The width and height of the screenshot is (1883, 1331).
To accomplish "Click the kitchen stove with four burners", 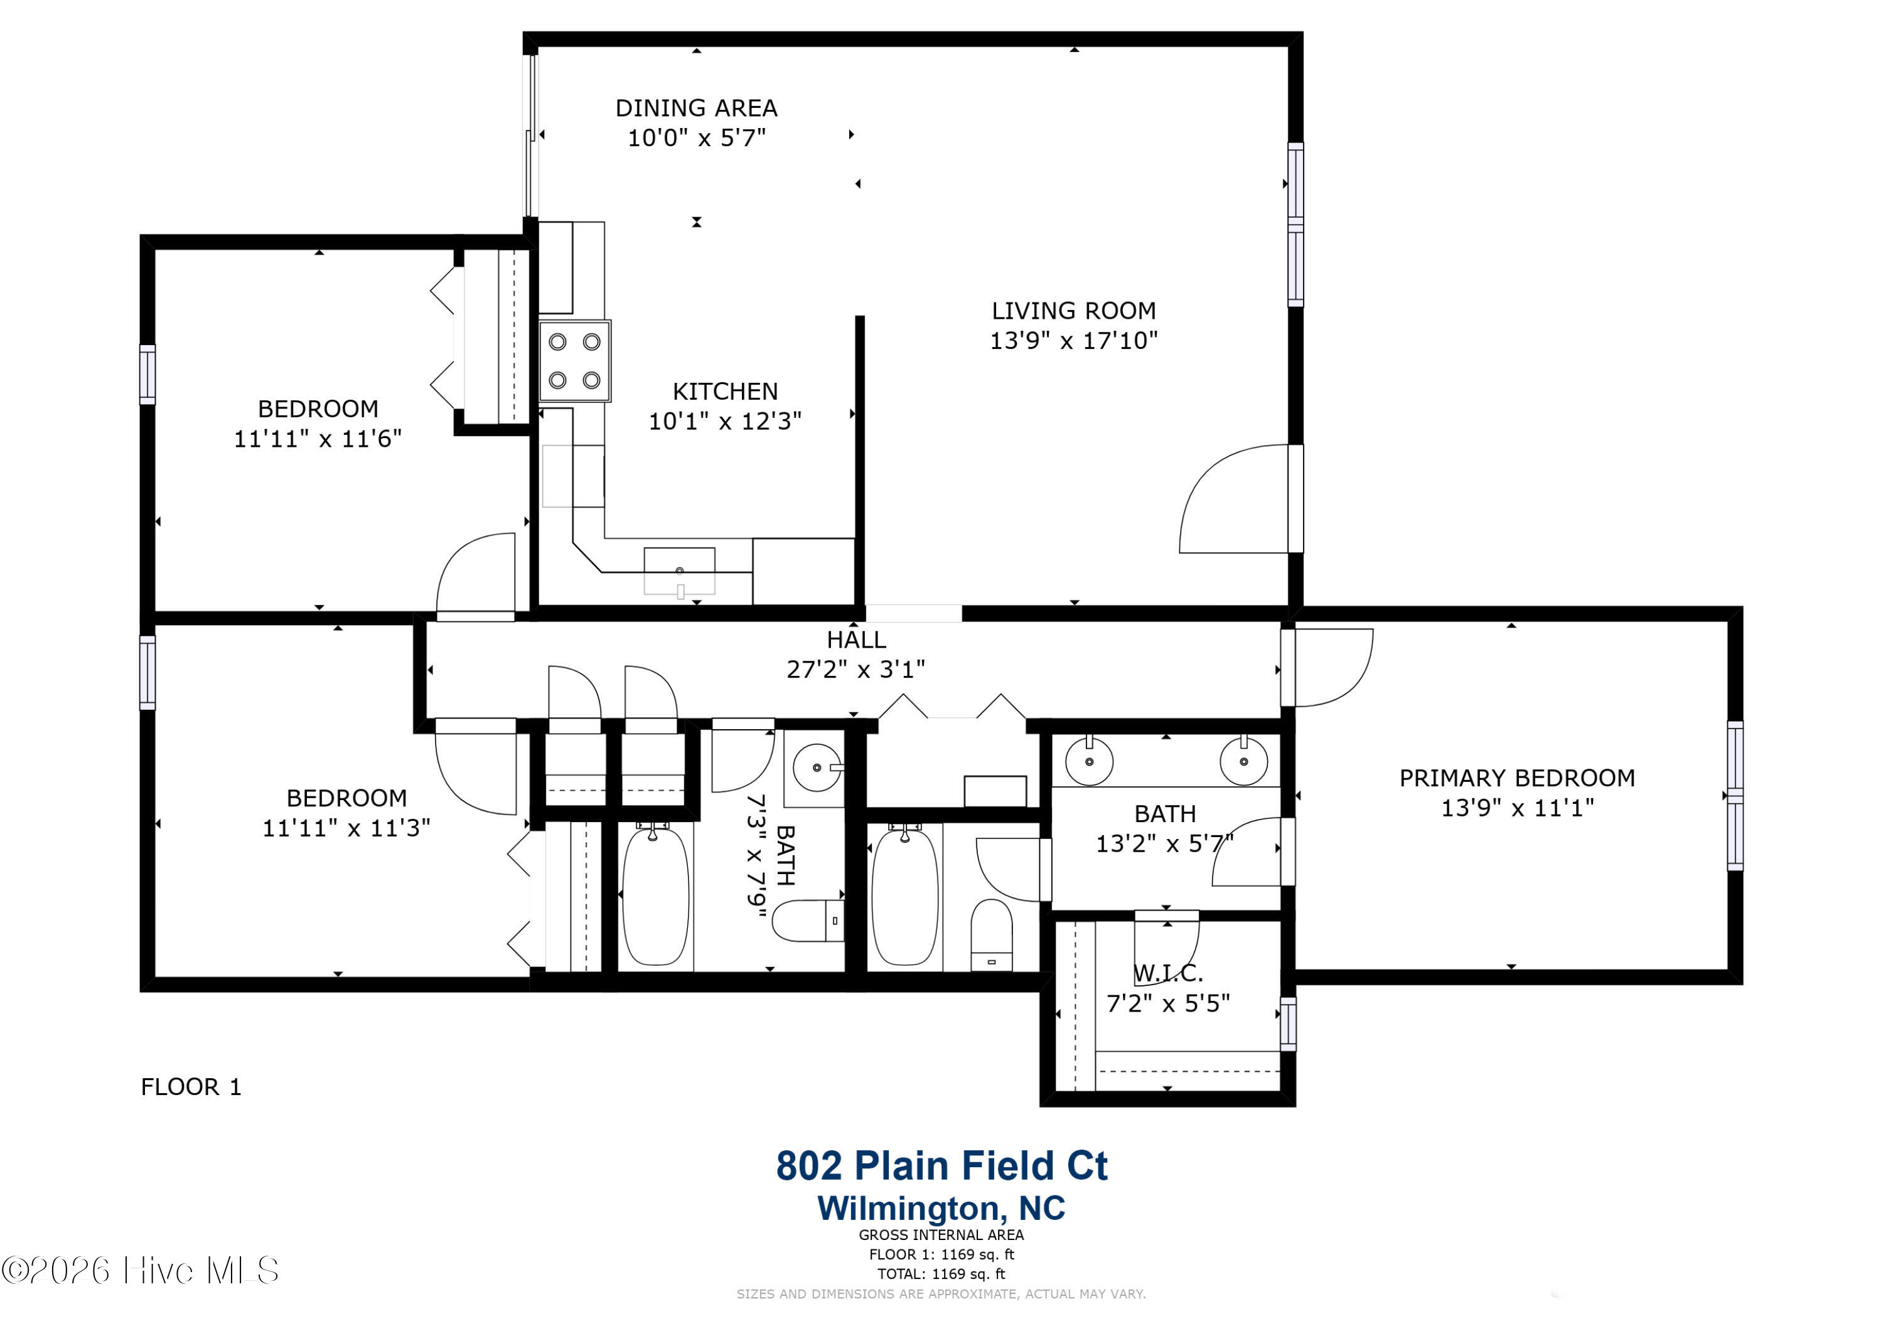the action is pyautogui.click(x=574, y=361).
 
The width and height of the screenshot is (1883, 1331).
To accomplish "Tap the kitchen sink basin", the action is pyautogui.click(x=679, y=571).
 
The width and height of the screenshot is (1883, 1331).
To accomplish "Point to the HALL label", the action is pyautogui.click(x=856, y=639).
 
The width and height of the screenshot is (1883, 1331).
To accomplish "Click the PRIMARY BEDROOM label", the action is pyautogui.click(x=1517, y=778).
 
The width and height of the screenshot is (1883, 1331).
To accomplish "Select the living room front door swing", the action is pyautogui.click(x=1234, y=499).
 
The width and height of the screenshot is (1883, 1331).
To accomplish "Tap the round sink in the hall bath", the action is pyautogui.click(x=818, y=767).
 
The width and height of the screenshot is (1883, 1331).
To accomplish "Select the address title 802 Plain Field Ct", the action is pyautogui.click(x=942, y=1165).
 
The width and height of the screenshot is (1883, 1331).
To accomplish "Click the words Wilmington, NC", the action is pyautogui.click(x=942, y=1208).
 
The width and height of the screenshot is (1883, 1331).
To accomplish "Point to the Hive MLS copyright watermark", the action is pyautogui.click(x=140, y=1270).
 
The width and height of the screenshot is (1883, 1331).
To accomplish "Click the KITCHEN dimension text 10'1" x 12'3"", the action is pyautogui.click(x=725, y=422).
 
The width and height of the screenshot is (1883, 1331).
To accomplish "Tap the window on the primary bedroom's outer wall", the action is pyautogui.click(x=1735, y=796).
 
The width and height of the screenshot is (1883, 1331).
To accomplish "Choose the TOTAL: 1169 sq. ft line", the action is pyautogui.click(x=942, y=1274).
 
